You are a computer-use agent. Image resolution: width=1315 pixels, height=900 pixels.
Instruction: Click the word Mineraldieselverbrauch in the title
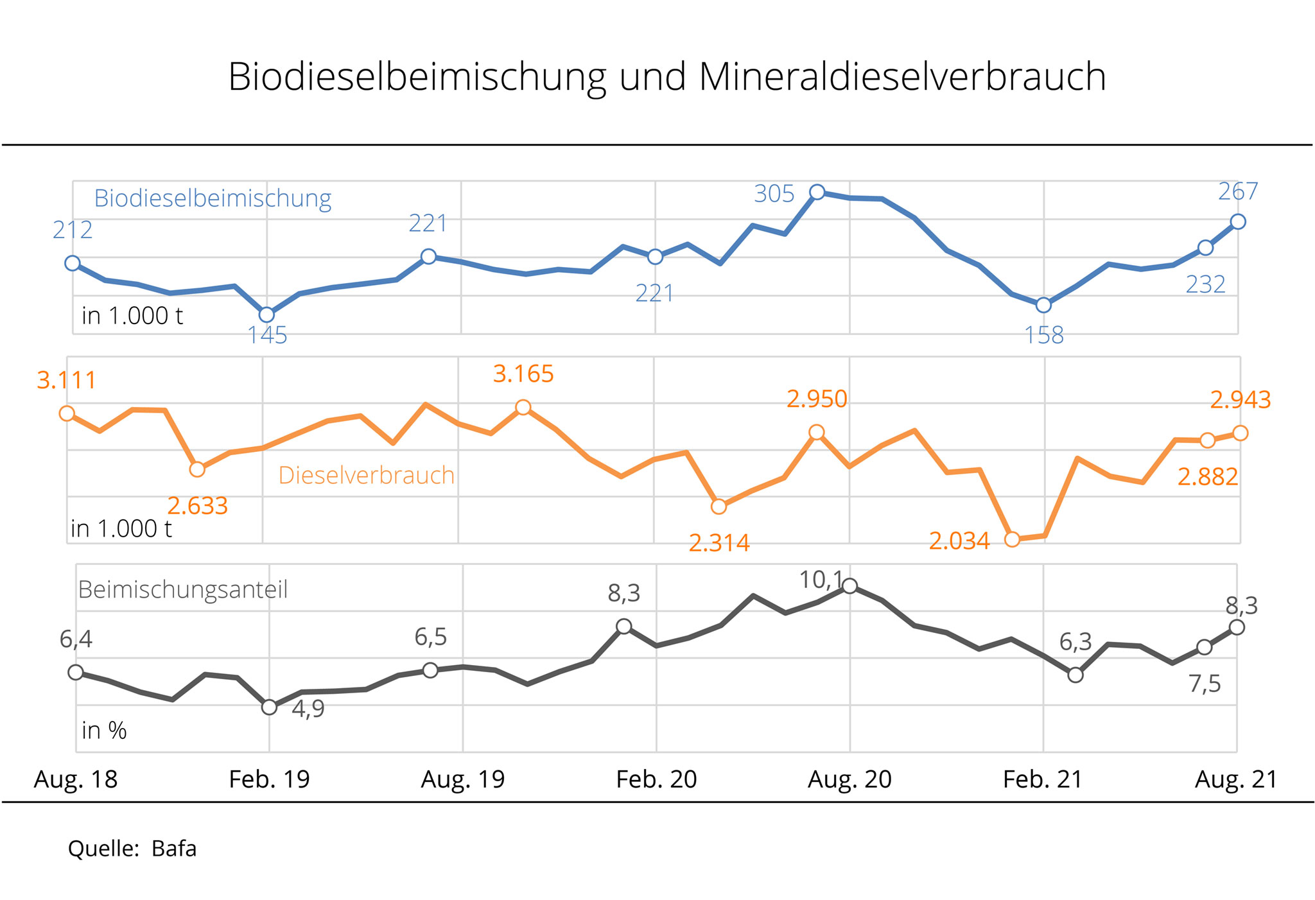(x=902, y=77)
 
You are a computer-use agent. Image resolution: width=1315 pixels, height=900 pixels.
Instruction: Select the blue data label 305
(x=774, y=194)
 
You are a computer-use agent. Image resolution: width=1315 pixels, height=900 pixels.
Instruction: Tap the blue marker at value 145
(x=266, y=315)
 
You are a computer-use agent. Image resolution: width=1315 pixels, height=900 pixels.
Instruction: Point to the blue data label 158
(x=1044, y=335)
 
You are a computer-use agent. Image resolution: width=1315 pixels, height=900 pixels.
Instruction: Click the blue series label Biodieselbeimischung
(x=213, y=198)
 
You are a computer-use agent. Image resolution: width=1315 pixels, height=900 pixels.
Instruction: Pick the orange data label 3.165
(x=523, y=374)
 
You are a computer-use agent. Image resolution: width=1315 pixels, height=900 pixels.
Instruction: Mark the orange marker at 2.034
(x=1012, y=539)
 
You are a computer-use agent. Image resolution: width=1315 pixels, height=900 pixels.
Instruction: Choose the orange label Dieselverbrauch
(x=366, y=476)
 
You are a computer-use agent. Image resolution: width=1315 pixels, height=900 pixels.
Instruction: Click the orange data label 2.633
(x=197, y=506)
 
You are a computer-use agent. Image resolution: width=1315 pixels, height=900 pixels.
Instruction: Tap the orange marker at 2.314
(x=719, y=506)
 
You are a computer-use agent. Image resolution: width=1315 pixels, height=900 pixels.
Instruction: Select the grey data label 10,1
(x=821, y=580)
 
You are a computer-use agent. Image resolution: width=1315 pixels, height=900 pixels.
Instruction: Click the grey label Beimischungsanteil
(x=183, y=589)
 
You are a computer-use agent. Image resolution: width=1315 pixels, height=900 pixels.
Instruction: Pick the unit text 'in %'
(x=104, y=731)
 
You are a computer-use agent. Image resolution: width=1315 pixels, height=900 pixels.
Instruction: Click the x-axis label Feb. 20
(x=656, y=779)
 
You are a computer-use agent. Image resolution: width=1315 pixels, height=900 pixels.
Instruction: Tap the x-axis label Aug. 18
(x=76, y=779)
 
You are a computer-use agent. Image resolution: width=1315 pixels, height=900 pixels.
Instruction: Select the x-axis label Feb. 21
(x=1043, y=779)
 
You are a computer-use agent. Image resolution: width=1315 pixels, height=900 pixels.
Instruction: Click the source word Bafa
(x=174, y=849)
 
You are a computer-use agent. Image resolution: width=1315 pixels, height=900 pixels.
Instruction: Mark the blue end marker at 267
(x=1238, y=221)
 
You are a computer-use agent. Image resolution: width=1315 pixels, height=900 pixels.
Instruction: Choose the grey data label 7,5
(x=1205, y=684)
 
